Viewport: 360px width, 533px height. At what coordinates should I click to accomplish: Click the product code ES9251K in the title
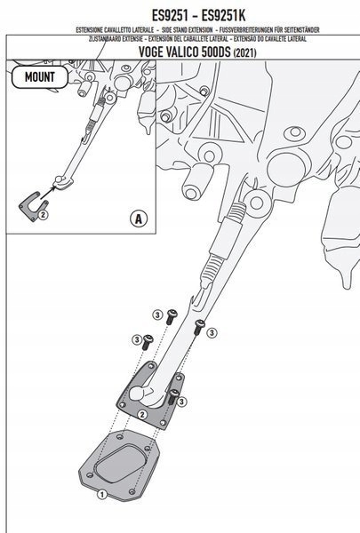click(215, 12)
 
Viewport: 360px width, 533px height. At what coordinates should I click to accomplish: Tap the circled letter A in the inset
click(137, 217)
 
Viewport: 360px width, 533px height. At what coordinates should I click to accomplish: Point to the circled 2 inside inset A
click(42, 214)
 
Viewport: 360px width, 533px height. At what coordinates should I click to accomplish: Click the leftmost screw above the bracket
click(148, 344)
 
